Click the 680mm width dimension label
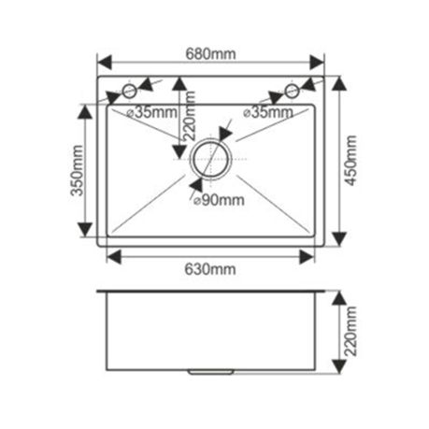(x=210, y=54)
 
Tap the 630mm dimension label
(x=210, y=269)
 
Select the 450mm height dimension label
(x=350, y=161)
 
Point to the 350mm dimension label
(x=77, y=170)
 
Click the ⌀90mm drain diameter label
(x=219, y=200)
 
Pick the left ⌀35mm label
(x=152, y=112)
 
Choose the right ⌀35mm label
(x=268, y=112)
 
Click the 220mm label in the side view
(x=350, y=332)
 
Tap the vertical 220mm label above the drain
(x=189, y=116)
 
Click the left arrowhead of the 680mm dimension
(x=105, y=63)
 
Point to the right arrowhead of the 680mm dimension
(x=317, y=63)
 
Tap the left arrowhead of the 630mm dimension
(x=114, y=257)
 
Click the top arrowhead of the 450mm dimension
(x=339, y=83)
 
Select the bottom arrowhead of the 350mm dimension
(x=85, y=230)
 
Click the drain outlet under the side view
(x=211, y=372)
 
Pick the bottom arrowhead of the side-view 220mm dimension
(x=339, y=366)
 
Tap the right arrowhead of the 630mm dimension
(x=307, y=257)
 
